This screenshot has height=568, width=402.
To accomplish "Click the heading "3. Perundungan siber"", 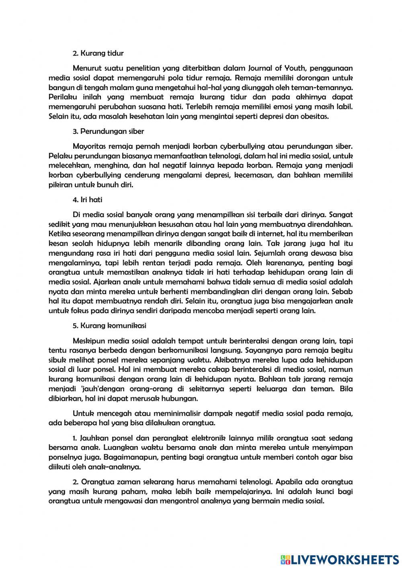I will (108, 131).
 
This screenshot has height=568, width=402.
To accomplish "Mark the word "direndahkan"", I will (332, 224).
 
